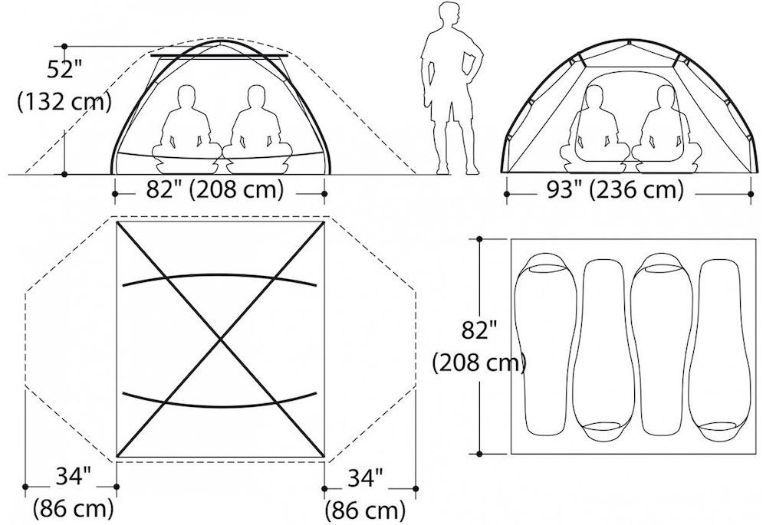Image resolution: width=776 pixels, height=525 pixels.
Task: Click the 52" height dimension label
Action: point(61,69)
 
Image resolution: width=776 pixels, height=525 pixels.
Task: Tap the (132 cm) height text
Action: point(64,103)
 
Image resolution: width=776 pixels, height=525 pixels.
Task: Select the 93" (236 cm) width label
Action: point(615,189)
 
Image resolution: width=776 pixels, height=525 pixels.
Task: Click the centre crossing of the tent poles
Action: point(220,339)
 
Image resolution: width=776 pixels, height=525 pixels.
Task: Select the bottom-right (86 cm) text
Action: point(365,510)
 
